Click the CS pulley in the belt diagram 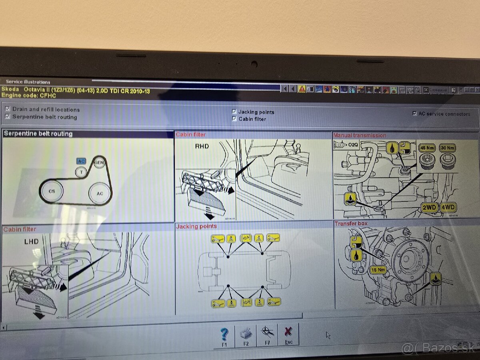pyautogui.click(x=52, y=191)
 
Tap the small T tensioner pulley pyautogui.click(x=81, y=172)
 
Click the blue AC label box pyautogui.click(x=81, y=161)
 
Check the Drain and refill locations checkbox pyautogui.click(x=8, y=109)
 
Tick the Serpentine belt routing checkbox pyautogui.click(x=8, y=116)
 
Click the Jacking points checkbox pyautogui.click(x=234, y=112)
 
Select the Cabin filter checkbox pyautogui.click(x=234, y=119)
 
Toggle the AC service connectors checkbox pyautogui.click(x=414, y=114)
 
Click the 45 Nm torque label pyautogui.click(x=427, y=148)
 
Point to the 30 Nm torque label pyautogui.click(x=447, y=148)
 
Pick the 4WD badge pyautogui.click(x=448, y=208)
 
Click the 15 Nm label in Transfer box pyautogui.click(x=378, y=270)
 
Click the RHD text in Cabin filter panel pyautogui.click(x=202, y=146)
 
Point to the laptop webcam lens pyautogui.click(x=254, y=63)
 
